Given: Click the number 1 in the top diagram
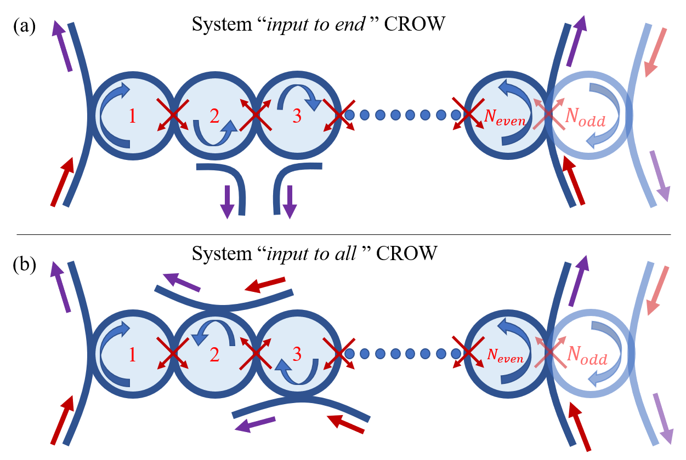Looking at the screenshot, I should point(132,116).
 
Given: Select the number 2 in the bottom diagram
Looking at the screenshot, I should point(214,354).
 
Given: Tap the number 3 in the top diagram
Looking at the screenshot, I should point(297,116).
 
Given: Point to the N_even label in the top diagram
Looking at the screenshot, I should point(504,117).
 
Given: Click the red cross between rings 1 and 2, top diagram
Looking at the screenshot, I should point(173,115).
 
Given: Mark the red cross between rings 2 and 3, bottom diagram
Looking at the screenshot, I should point(256,353).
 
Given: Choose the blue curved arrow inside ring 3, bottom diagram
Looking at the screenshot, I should point(297,373).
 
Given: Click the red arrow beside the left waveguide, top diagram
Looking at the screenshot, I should point(63,181).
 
